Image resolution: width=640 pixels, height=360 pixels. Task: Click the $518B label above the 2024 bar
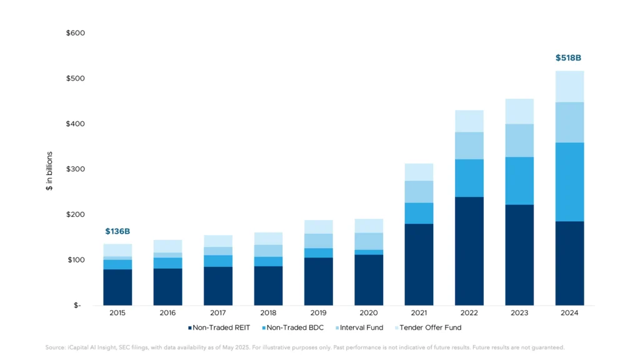[568, 58]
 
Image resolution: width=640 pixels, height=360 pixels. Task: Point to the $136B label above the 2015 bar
[117, 231]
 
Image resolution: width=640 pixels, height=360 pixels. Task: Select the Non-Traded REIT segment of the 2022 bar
[469, 251]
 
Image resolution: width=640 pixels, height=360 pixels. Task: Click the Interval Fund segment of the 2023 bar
[519, 141]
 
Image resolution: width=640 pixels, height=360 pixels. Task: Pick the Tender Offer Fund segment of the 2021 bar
[419, 172]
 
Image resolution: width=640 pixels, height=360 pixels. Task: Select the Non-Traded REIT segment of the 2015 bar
[117, 287]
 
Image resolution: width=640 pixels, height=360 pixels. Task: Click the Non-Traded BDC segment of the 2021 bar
[419, 213]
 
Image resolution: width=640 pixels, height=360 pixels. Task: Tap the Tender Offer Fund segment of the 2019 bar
[318, 227]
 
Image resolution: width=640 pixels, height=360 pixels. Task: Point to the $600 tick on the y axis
[76, 33]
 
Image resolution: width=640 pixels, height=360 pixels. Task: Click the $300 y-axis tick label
[76, 169]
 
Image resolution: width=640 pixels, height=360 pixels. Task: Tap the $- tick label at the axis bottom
[77, 306]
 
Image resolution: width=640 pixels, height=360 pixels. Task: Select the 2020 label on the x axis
[368, 313]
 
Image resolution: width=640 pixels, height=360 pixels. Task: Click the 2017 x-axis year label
[218, 313]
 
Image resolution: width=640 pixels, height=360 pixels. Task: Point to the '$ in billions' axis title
[49, 170]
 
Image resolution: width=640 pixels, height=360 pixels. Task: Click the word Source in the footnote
[55, 347]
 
